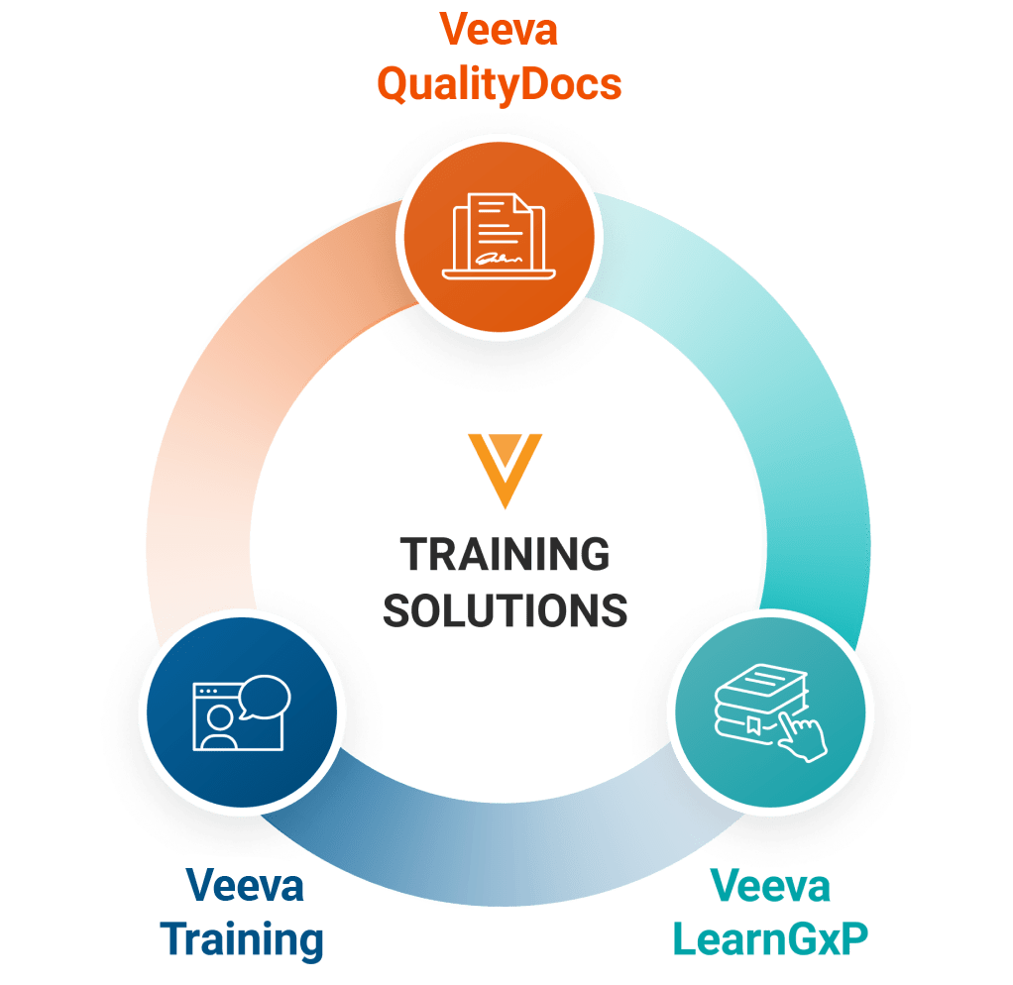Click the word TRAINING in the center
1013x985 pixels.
click(506, 555)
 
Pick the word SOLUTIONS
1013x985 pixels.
click(506, 609)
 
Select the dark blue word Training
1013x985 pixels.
click(243, 938)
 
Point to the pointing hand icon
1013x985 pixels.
click(803, 736)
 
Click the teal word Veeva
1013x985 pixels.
click(771, 885)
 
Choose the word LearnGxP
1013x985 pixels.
click(771, 938)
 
